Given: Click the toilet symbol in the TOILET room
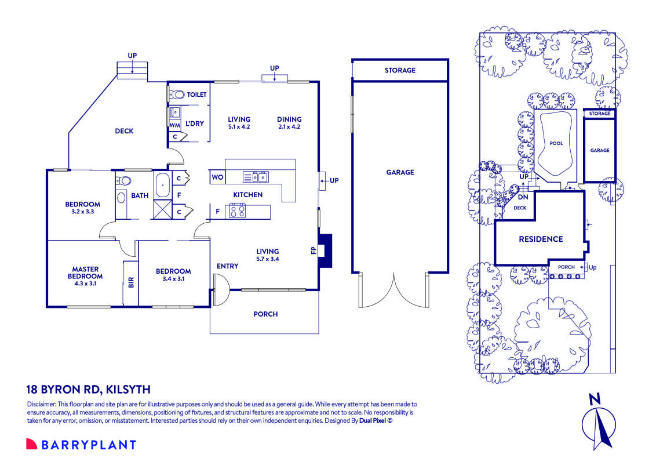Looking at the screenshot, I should (x=178, y=94).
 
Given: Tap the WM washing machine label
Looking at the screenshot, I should (x=174, y=125).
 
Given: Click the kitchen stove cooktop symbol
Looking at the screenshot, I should (x=238, y=211).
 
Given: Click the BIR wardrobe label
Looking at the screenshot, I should (x=131, y=283).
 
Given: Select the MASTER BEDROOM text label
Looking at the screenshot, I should (x=85, y=273).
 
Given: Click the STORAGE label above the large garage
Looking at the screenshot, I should (x=400, y=70).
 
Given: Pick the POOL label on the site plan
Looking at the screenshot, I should (x=556, y=143).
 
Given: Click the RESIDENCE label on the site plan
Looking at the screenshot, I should (x=540, y=239).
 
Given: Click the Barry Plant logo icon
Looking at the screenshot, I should (x=31, y=444).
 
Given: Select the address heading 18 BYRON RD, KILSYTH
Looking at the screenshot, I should (x=88, y=390).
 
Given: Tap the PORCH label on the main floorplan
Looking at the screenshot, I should (x=265, y=314).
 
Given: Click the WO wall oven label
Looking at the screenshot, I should (x=217, y=177).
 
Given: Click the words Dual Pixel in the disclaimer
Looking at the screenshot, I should (x=374, y=422).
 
